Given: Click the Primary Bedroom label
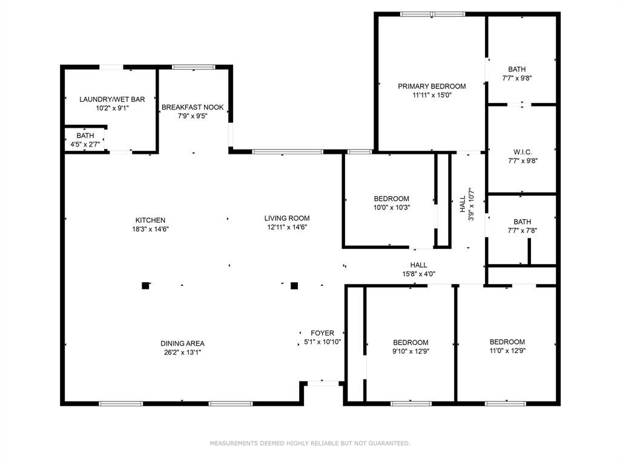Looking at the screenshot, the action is pyautogui.click(x=432, y=86).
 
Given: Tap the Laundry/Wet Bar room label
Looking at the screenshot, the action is pyautogui.click(x=112, y=99).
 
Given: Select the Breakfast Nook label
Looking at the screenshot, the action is pyautogui.click(x=193, y=107).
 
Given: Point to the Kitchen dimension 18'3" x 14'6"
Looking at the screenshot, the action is pyautogui.click(x=151, y=229).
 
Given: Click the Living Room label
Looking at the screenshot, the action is pyautogui.click(x=287, y=218).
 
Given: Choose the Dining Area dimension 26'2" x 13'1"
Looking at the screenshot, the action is pyautogui.click(x=183, y=352).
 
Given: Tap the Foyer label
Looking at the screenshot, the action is pyautogui.click(x=322, y=334).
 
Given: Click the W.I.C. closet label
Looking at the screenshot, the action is pyautogui.click(x=523, y=152).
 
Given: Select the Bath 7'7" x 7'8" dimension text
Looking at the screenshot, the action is pyautogui.click(x=523, y=231).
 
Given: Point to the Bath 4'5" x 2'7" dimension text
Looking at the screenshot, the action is pyautogui.click(x=85, y=144).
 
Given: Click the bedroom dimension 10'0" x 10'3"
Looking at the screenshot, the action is pyautogui.click(x=392, y=207).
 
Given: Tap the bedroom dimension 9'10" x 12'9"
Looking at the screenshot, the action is pyautogui.click(x=411, y=351).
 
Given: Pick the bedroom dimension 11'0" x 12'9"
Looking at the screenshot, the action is pyautogui.click(x=507, y=351).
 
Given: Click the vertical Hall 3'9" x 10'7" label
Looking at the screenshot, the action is pyautogui.click(x=467, y=204).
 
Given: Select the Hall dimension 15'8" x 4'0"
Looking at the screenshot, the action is pyautogui.click(x=419, y=274).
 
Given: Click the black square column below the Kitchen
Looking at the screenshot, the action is pyautogui.click(x=145, y=286).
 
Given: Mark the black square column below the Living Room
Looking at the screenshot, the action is pyautogui.click(x=294, y=286).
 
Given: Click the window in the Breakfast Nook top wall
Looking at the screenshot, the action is pyautogui.click(x=194, y=67).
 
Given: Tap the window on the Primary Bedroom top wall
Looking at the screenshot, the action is pyautogui.click(x=432, y=15).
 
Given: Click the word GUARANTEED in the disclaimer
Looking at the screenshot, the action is pyautogui.click(x=389, y=443).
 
